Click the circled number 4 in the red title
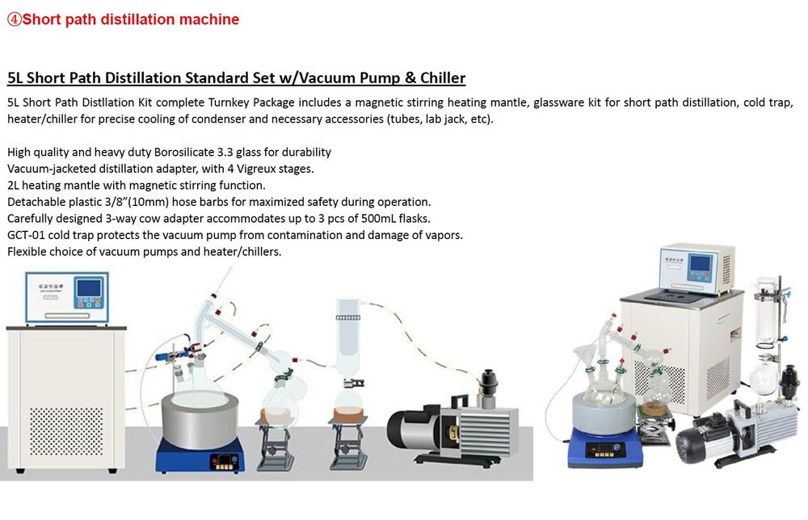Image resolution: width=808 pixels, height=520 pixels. [14, 19]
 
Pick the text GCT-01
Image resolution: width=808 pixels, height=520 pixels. [26, 235]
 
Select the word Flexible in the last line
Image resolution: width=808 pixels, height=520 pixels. [26, 252]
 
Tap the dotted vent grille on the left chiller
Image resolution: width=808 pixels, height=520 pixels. [66, 431]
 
